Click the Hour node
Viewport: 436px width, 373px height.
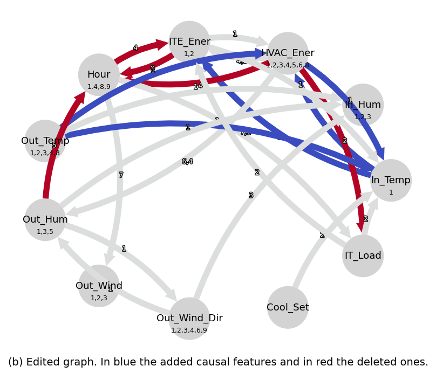click(99, 74)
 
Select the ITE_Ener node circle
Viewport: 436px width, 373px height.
click(189, 42)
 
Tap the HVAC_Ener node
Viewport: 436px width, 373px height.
click(288, 53)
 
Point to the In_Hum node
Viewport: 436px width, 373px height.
click(363, 105)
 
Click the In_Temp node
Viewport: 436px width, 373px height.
click(391, 180)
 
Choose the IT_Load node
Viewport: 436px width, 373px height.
click(363, 255)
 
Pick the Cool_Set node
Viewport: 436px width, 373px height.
click(288, 307)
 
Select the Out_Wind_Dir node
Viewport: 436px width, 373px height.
click(189, 318)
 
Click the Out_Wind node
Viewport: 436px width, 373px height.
click(99, 286)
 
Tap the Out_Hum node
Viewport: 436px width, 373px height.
click(45, 219)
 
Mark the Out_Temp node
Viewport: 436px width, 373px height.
click(45, 141)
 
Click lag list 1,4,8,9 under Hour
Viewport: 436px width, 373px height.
click(99, 87)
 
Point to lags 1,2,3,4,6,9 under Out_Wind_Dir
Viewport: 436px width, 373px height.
click(189, 330)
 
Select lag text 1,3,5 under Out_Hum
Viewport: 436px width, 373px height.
click(45, 232)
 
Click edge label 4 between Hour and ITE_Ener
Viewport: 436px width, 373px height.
click(135, 48)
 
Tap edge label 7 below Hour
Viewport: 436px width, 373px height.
click(121, 175)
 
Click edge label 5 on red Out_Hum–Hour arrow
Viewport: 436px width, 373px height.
click(54, 145)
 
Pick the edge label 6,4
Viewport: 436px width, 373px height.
click(187, 162)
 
